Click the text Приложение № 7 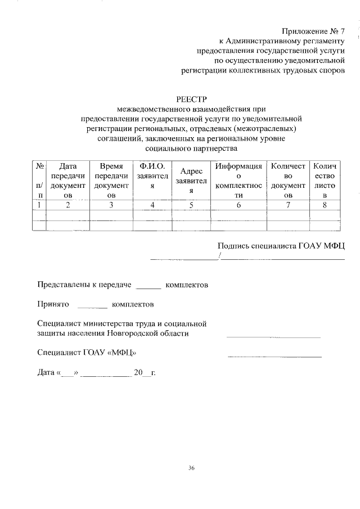tap(313, 30)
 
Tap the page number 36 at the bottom tap(192, 468)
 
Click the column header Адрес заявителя tap(191, 181)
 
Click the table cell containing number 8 tap(325, 205)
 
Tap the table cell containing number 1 tap(39, 205)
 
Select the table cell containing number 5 tap(191, 205)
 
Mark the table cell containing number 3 tap(111, 205)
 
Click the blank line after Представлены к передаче tap(148, 287)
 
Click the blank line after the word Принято tap(91, 307)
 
